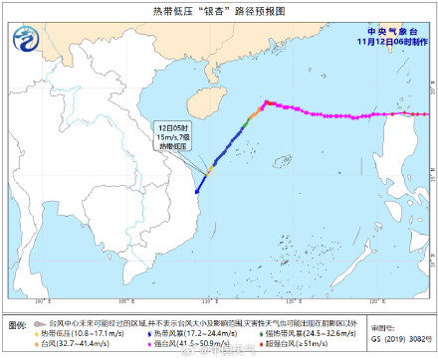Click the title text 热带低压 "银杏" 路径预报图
(219, 11)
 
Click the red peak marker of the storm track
(266, 101)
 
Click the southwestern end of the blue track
(197, 191)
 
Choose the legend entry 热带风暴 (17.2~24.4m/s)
(188, 334)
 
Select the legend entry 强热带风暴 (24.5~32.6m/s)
(304, 334)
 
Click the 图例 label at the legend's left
(18, 325)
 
